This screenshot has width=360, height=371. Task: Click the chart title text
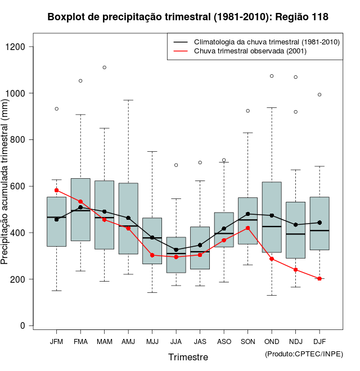(x=188, y=17)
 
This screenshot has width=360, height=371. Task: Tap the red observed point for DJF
(x=319, y=278)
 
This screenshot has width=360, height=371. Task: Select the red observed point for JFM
(x=56, y=191)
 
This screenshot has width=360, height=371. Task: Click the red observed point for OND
(x=272, y=259)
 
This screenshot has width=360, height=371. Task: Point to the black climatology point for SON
(x=248, y=214)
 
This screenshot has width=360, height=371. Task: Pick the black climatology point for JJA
(x=176, y=250)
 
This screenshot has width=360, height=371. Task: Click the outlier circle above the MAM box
(x=105, y=67)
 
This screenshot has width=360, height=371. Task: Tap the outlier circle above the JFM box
(x=56, y=108)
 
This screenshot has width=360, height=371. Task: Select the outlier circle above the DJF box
(x=319, y=94)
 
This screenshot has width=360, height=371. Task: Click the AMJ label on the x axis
(x=128, y=342)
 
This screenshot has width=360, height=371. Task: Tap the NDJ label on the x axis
(x=296, y=342)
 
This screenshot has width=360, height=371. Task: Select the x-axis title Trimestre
(x=188, y=357)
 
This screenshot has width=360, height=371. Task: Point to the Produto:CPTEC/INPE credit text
(x=304, y=354)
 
